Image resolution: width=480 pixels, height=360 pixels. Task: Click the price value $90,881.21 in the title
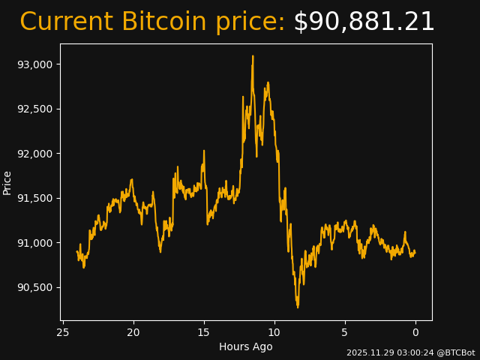click(x=364, y=22)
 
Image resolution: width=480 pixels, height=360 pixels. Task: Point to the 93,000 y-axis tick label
click(x=34, y=64)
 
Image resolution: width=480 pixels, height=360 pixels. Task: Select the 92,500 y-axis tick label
click(x=34, y=109)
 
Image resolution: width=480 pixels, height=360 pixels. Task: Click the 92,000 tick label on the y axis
click(x=34, y=154)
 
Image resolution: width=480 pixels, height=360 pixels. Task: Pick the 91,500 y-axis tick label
click(x=34, y=198)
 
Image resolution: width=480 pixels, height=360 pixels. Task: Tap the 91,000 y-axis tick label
click(x=34, y=243)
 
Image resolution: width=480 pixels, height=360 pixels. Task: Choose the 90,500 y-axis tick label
click(x=34, y=287)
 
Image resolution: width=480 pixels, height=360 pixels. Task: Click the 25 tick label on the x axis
click(x=63, y=332)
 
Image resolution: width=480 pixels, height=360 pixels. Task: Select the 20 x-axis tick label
click(x=133, y=332)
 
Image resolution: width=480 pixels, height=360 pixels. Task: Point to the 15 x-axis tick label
click(x=204, y=332)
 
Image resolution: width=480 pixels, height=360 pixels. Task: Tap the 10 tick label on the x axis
click(x=274, y=332)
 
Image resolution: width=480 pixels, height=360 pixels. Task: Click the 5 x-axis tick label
click(x=345, y=332)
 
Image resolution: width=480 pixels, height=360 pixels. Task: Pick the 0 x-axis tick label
click(x=415, y=332)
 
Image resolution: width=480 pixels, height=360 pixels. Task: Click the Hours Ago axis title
click(x=245, y=346)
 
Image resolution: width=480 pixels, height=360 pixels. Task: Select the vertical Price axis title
click(x=7, y=182)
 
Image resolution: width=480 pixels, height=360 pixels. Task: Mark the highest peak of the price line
click(x=253, y=56)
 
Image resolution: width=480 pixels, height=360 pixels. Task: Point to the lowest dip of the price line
click(x=298, y=307)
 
